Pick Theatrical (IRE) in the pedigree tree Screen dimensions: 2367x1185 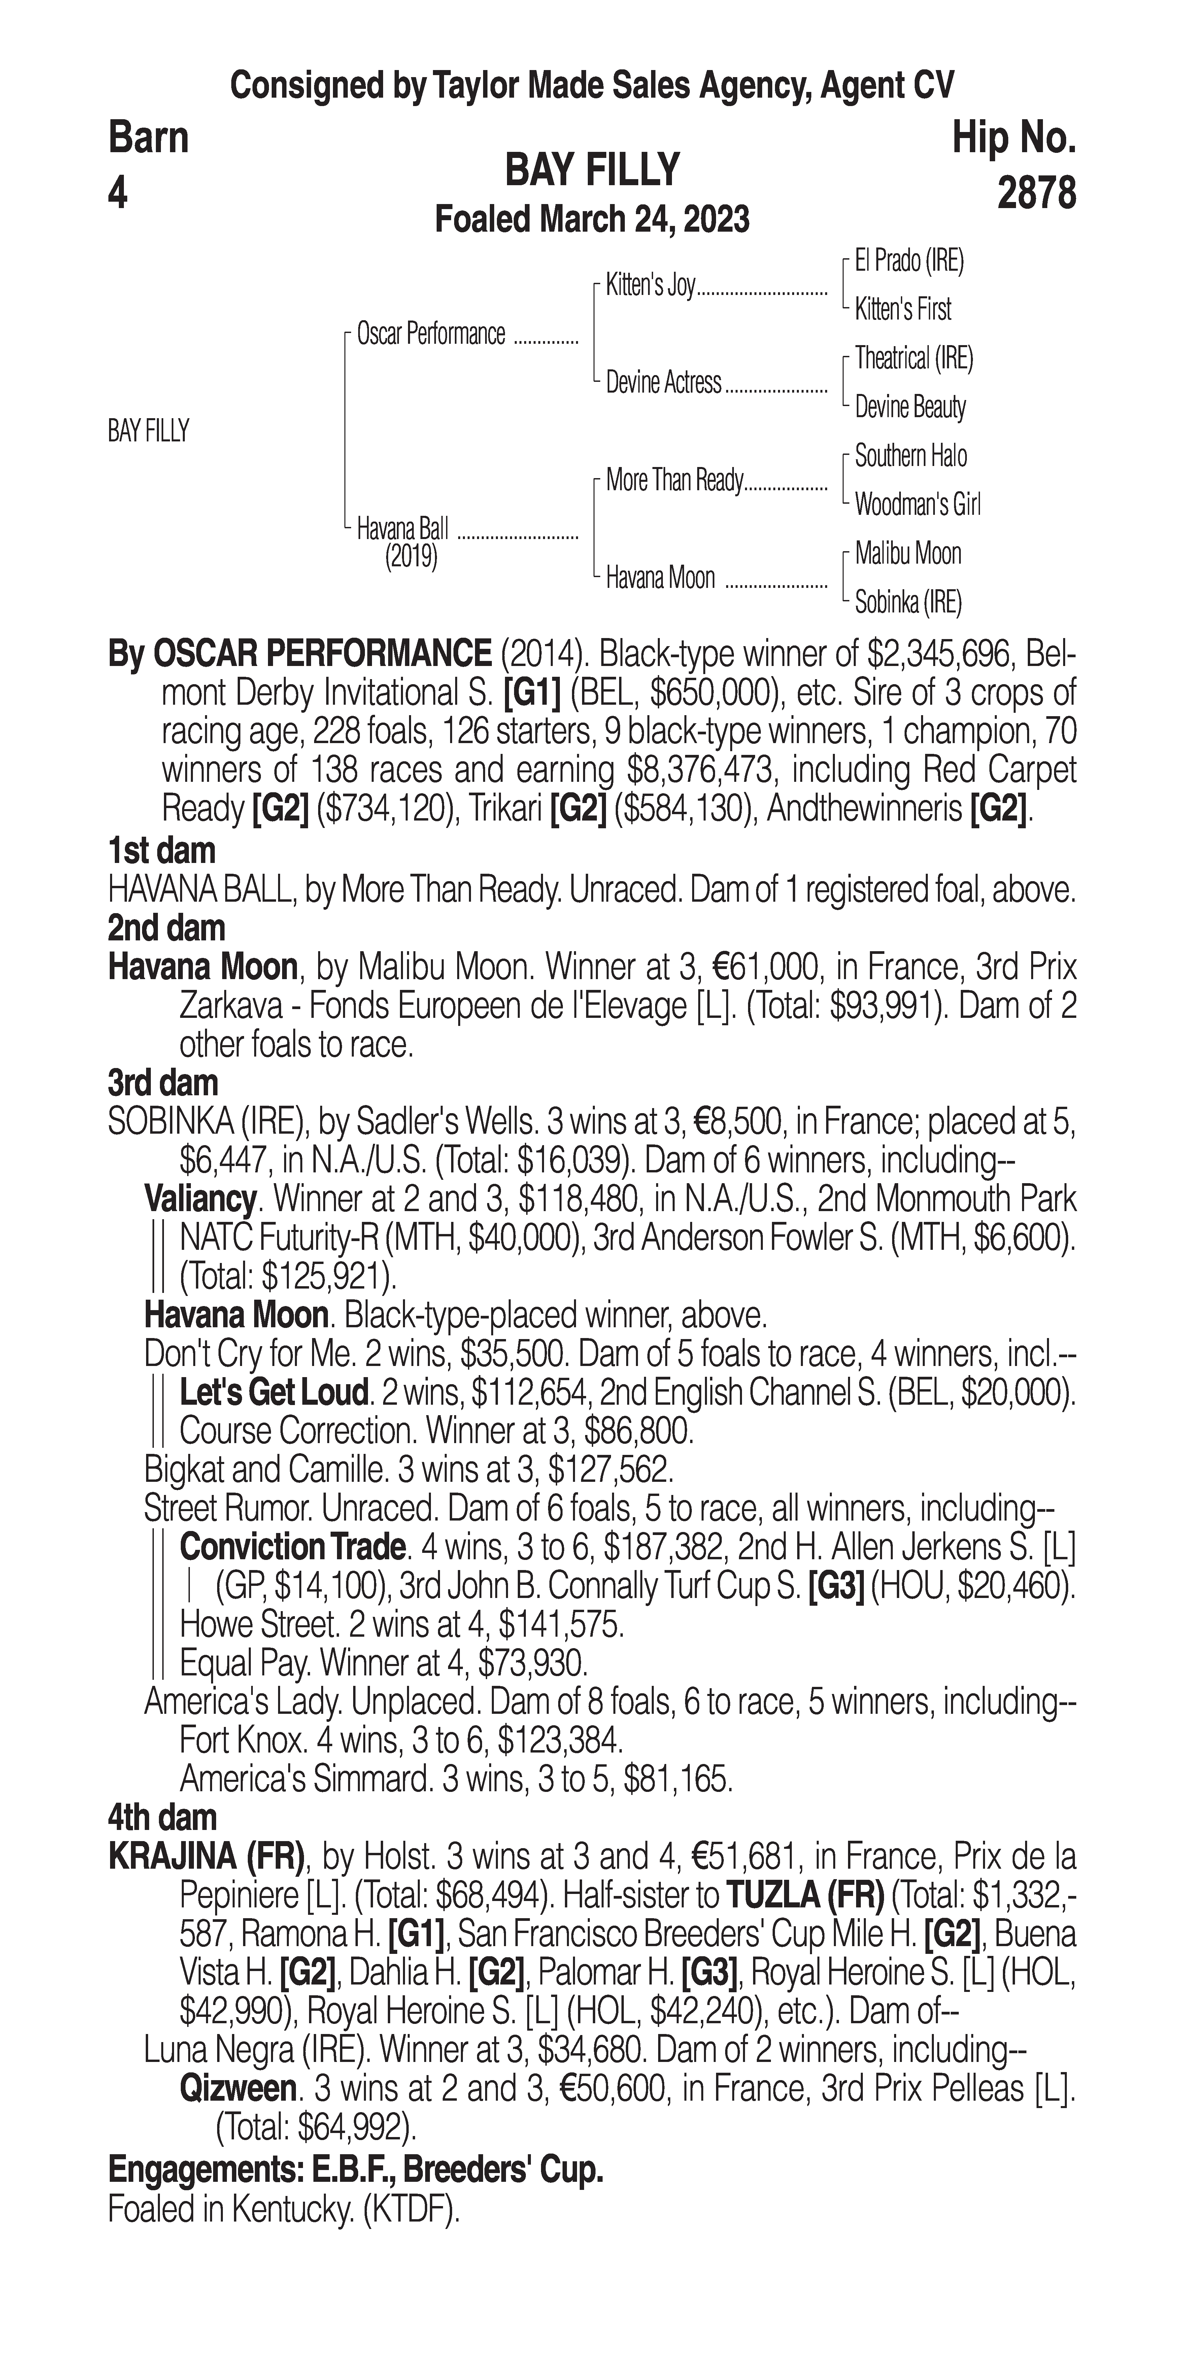[x=913, y=358]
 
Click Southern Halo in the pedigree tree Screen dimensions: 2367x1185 [x=910, y=456]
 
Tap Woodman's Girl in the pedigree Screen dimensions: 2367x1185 [x=917, y=504]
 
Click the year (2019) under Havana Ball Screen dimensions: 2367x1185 [x=411, y=557]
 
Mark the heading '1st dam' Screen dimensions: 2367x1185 [x=162, y=851]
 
